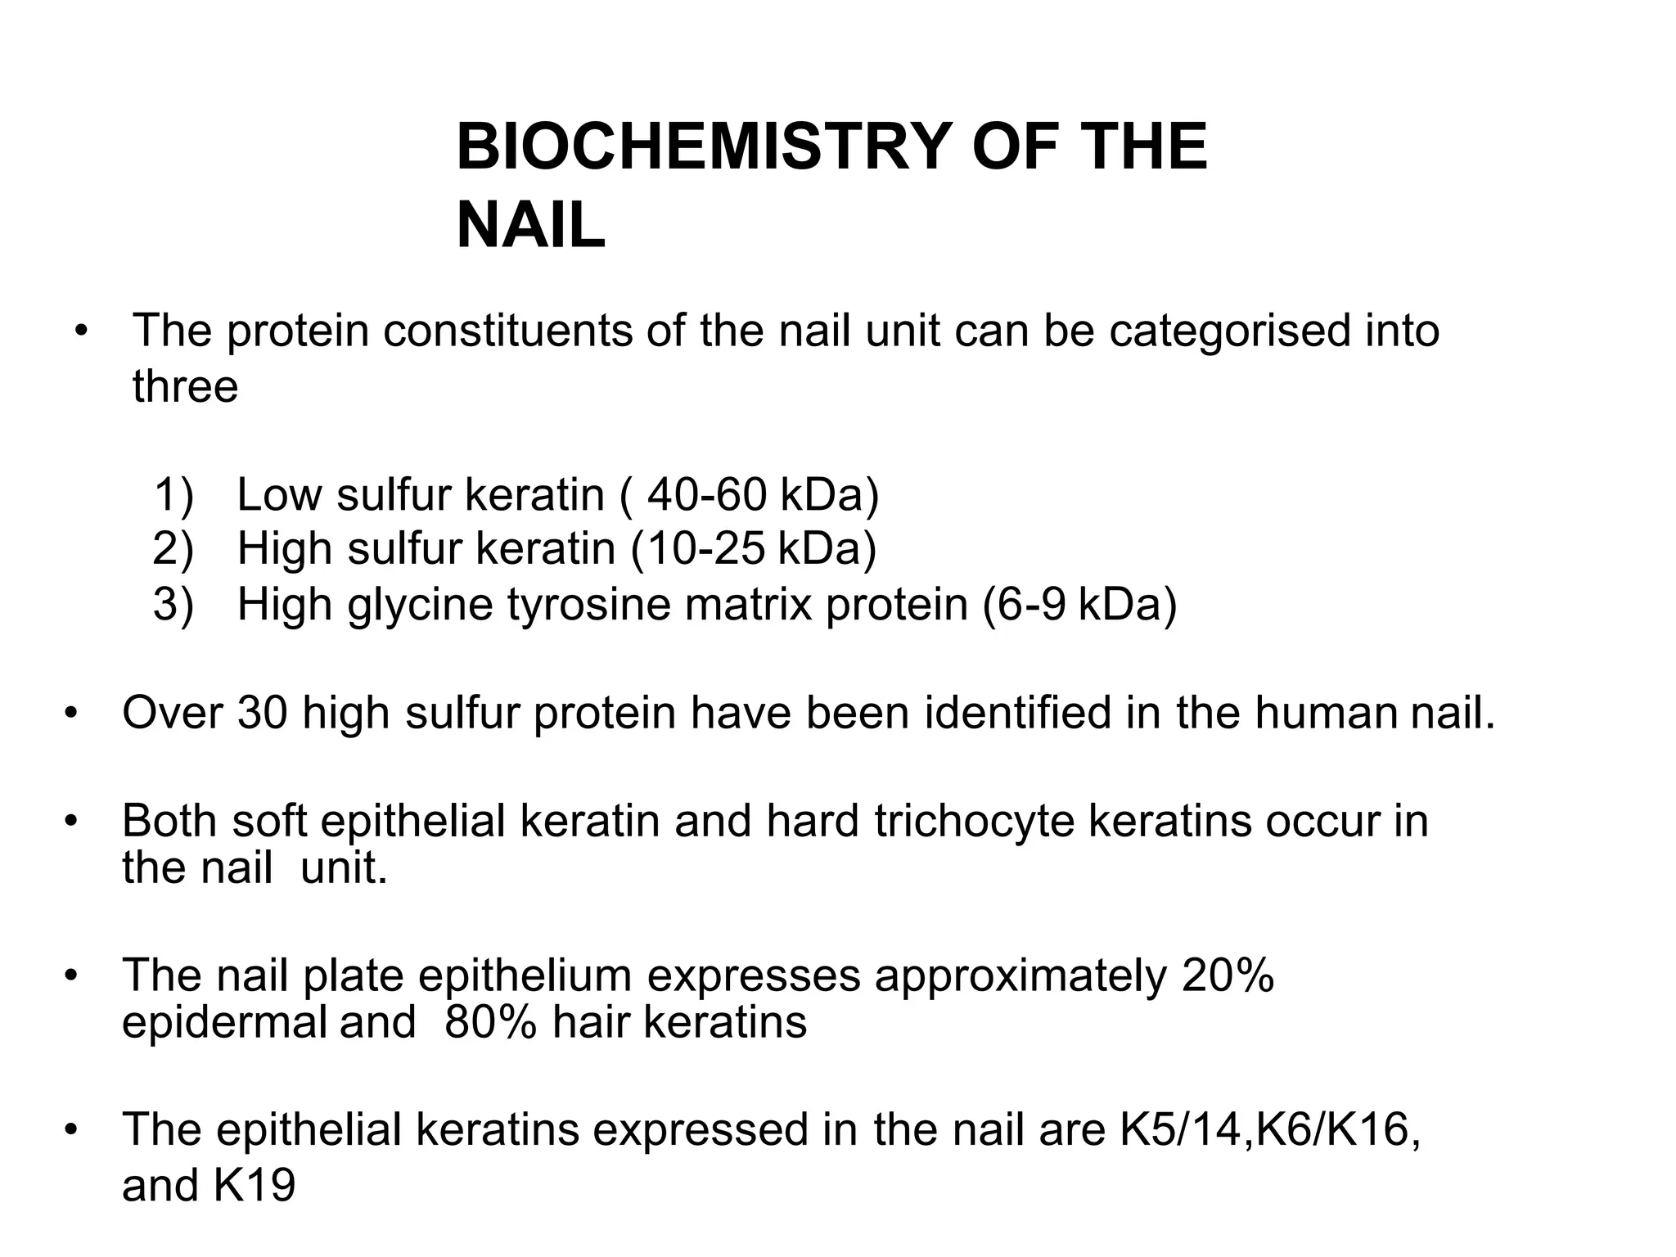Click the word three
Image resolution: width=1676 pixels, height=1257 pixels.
(x=185, y=386)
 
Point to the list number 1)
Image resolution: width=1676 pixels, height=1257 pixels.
(x=173, y=495)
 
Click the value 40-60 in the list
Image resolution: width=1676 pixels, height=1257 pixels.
(x=706, y=495)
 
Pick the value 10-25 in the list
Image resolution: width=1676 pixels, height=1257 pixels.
(x=705, y=549)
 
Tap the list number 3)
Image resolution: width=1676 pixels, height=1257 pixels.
(x=173, y=605)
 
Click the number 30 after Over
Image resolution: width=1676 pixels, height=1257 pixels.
(x=263, y=713)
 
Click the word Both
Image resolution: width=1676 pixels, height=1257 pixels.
(x=169, y=821)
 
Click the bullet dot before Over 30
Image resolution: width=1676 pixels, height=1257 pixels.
(x=72, y=713)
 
